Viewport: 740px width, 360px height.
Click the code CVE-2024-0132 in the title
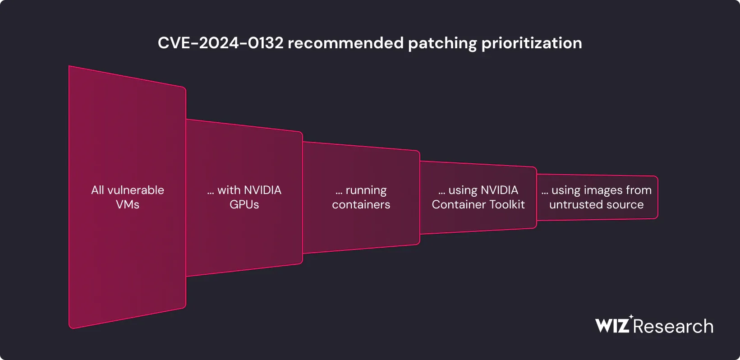coord(221,43)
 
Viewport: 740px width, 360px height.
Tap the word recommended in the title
coord(345,43)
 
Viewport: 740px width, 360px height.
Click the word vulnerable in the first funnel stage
coord(136,190)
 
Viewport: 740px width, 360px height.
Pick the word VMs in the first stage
coord(128,204)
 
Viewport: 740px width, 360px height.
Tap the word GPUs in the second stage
coord(244,204)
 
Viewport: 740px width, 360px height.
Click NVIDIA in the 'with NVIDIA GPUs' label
coord(262,190)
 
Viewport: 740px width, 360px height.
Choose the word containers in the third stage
coord(361,204)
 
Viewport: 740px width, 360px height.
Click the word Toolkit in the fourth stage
coord(507,204)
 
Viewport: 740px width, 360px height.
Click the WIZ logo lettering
coord(612,326)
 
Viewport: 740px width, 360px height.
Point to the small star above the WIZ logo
coord(631,317)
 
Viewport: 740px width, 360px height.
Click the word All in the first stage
coord(97,190)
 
